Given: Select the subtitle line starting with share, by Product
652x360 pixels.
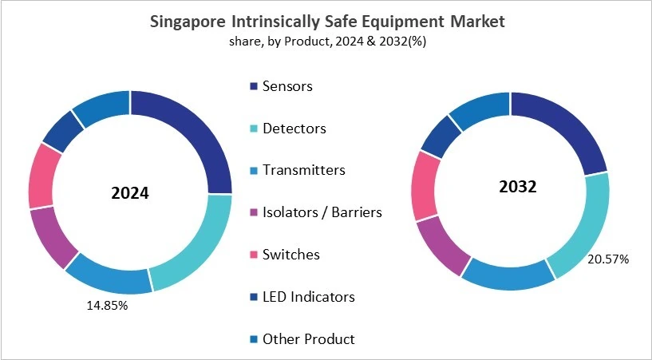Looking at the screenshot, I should tap(326, 42).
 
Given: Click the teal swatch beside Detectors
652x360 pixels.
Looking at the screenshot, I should tap(254, 128).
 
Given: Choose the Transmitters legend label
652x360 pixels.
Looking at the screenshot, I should tap(303, 170).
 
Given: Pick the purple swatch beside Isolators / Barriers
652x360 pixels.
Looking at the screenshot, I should tap(254, 212).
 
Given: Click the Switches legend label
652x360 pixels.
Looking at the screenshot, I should tap(291, 255).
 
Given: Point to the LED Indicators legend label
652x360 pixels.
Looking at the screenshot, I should tap(308, 297).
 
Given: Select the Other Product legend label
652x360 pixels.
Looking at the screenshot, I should tap(308, 339).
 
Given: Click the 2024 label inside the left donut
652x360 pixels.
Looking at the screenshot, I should tap(130, 194).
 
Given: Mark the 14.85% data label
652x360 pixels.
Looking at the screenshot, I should tap(108, 306).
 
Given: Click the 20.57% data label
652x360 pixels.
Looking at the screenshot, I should tap(608, 259).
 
